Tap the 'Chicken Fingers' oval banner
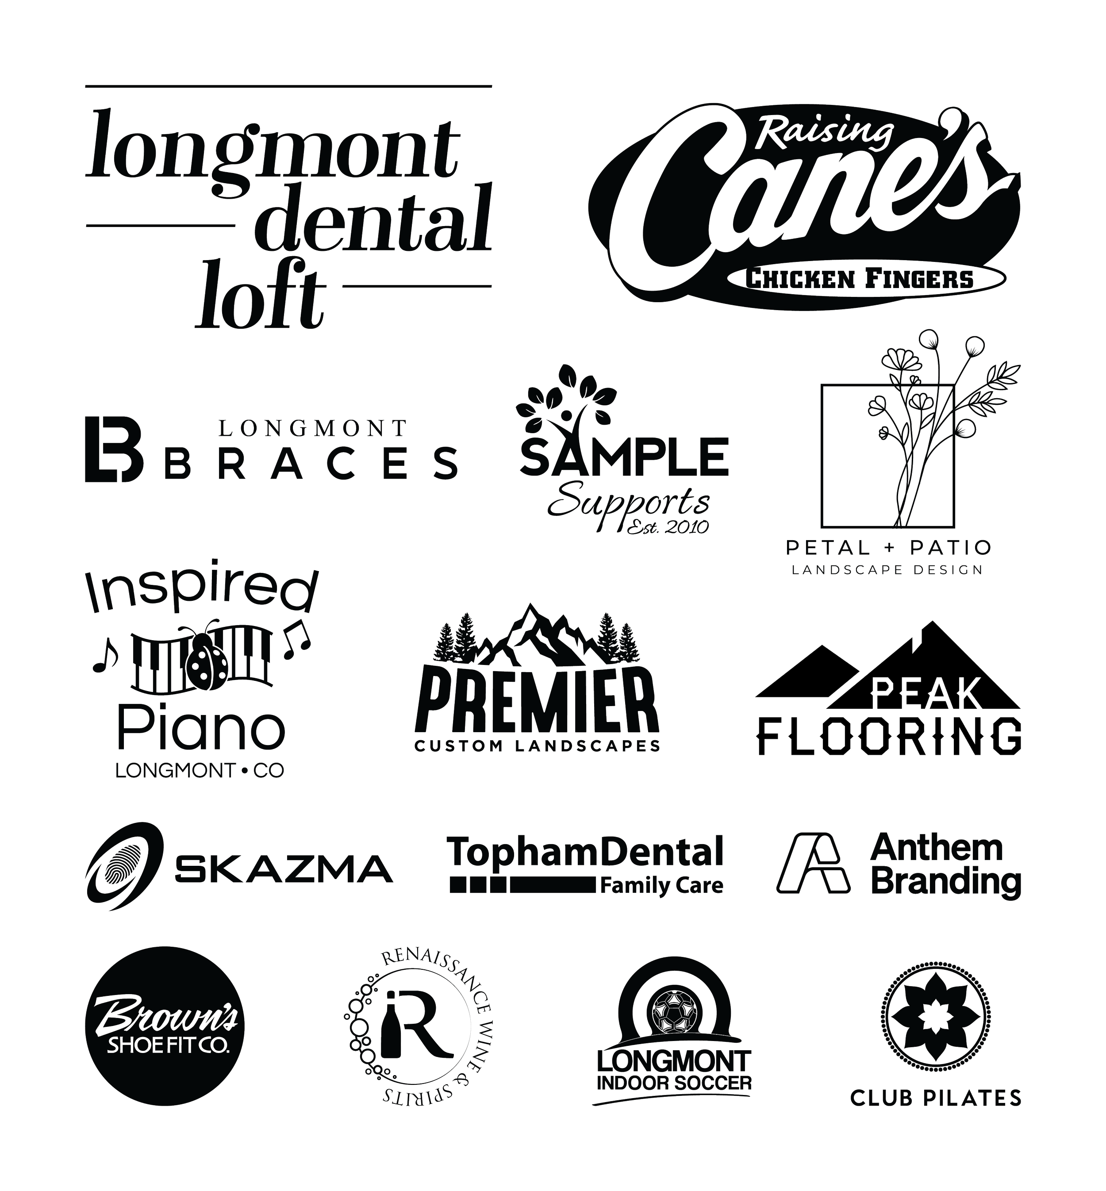coord(865,279)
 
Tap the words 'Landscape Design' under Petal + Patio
coord(887,570)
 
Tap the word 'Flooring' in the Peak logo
coord(889,738)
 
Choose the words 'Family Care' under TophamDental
coord(661,886)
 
